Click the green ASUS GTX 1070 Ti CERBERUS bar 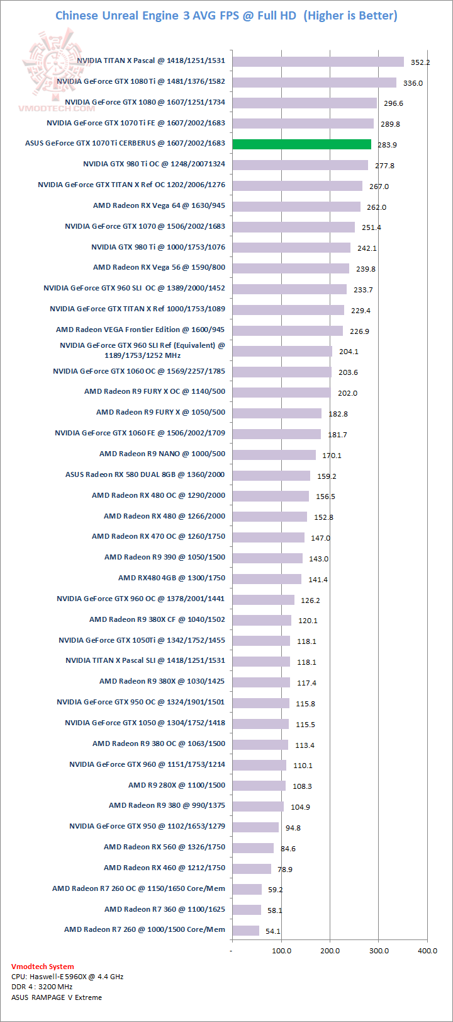tap(301, 144)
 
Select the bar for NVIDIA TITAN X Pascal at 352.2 tap(318, 61)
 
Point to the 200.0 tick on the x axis tap(330, 950)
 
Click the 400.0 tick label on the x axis tap(427, 950)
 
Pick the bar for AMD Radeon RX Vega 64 tap(296, 207)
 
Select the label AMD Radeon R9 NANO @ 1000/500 tap(162, 454)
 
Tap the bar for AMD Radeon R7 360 tap(246, 910)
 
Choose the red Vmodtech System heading tap(42, 966)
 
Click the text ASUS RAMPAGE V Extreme tap(56, 997)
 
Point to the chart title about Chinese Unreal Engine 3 tap(226, 16)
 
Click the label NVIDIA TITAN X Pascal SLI tap(145, 660)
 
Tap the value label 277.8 tap(384, 166)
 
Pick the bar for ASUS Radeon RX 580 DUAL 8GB tap(271, 476)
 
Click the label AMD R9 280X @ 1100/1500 tap(176, 785)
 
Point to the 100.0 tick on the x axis tap(281, 950)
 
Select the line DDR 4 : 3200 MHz tap(42, 987)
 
